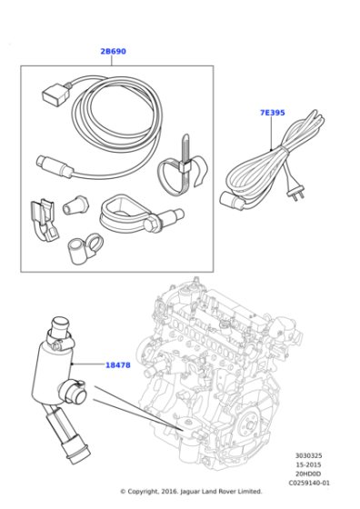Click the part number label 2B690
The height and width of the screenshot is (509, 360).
coord(113,52)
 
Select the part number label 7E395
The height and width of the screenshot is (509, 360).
coord(272,113)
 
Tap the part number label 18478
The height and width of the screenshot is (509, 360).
coord(117,364)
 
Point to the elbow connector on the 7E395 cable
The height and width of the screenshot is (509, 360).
coord(232,200)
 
